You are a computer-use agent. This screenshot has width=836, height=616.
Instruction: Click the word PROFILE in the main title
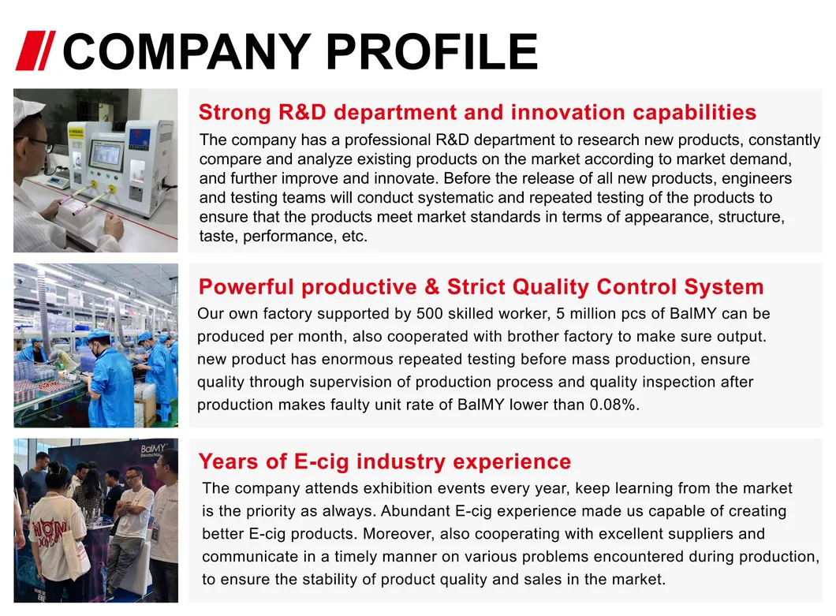coord(431,51)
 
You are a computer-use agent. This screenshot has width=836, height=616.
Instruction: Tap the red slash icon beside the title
coord(35,50)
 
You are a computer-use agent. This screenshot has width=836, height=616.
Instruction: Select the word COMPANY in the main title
coord(187,51)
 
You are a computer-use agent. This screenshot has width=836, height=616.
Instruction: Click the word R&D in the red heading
coord(302,113)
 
